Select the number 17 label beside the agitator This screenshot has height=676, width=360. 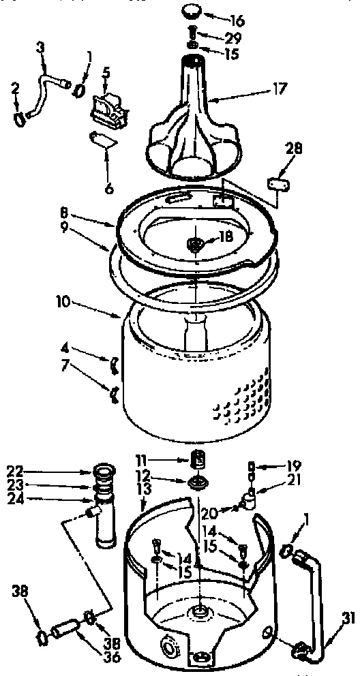(x=260, y=88)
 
